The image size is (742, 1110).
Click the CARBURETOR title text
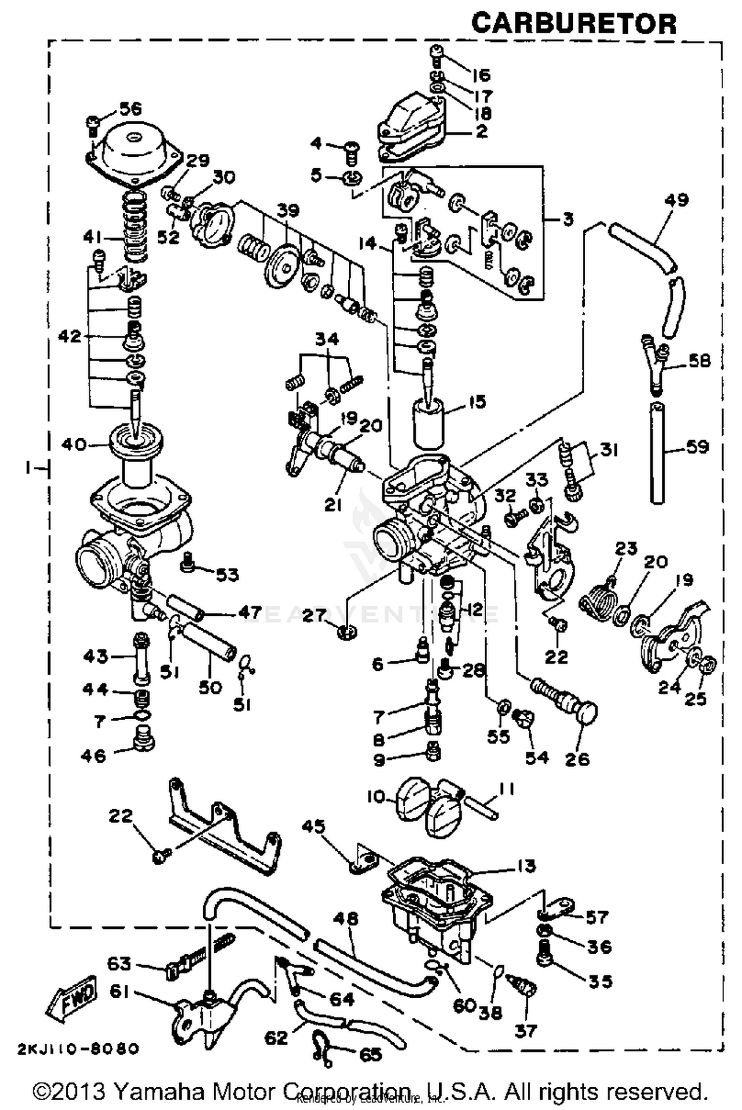[x=573, y=23]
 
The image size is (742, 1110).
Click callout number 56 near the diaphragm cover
[x=130, y=108]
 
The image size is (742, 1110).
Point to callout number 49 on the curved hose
[x=677, y=200]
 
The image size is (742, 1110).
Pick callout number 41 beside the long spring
[x=94, y=238]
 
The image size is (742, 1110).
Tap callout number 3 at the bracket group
[x=568, y=218]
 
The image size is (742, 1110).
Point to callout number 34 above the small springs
[x=327, y=339]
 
